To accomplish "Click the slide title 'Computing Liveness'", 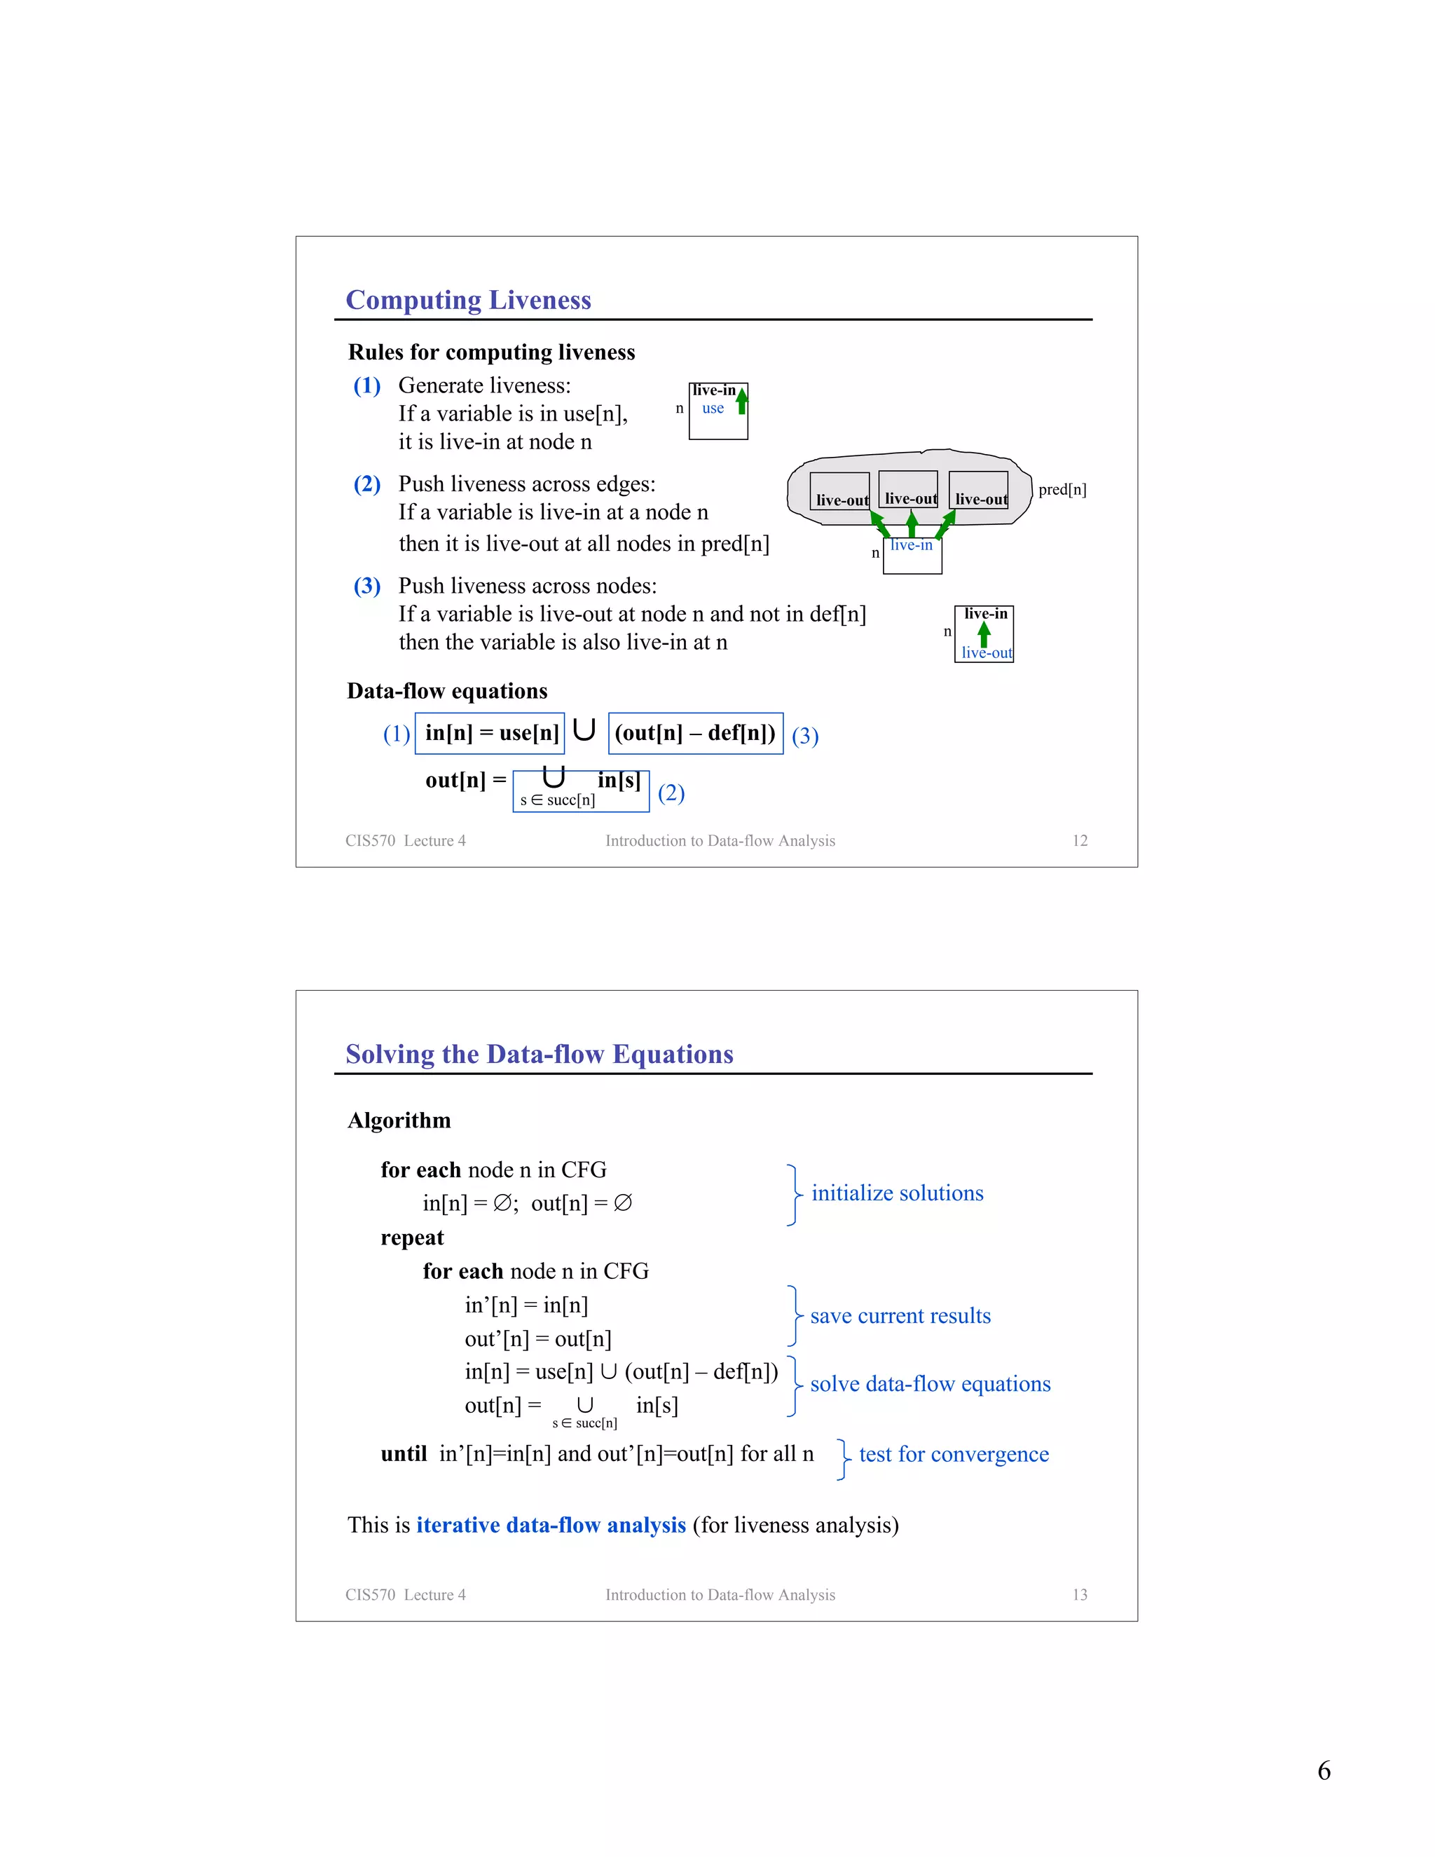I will (x=469, y=300).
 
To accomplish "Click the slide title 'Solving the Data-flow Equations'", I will (x=539, y=1055).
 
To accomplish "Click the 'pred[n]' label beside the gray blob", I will (x=1062, y=490).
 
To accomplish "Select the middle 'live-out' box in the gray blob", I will (x=909, y=491).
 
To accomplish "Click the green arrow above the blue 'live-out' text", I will (x=984, y=634).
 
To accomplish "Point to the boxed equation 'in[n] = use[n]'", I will (x=490, y=733).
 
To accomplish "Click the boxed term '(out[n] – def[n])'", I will (x=695, y=733).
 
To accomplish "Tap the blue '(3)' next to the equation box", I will (x=804, y=736).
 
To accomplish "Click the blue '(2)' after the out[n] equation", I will (x=671, y=793).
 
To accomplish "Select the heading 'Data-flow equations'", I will (x=447, y=691).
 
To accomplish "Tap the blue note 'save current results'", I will (x=900, y=1316).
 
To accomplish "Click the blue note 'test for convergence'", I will (x=953, y=1454).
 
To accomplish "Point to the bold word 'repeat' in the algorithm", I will (x=412, y=1238).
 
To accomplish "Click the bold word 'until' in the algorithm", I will (x=404, y=1454).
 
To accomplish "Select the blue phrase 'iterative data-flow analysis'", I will (x=551, y=1525).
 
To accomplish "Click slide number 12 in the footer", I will (x=1080, y=841).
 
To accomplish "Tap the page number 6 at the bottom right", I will (x=1324, y=1770).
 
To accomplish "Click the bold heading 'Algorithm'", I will (x=399, y=1121).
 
